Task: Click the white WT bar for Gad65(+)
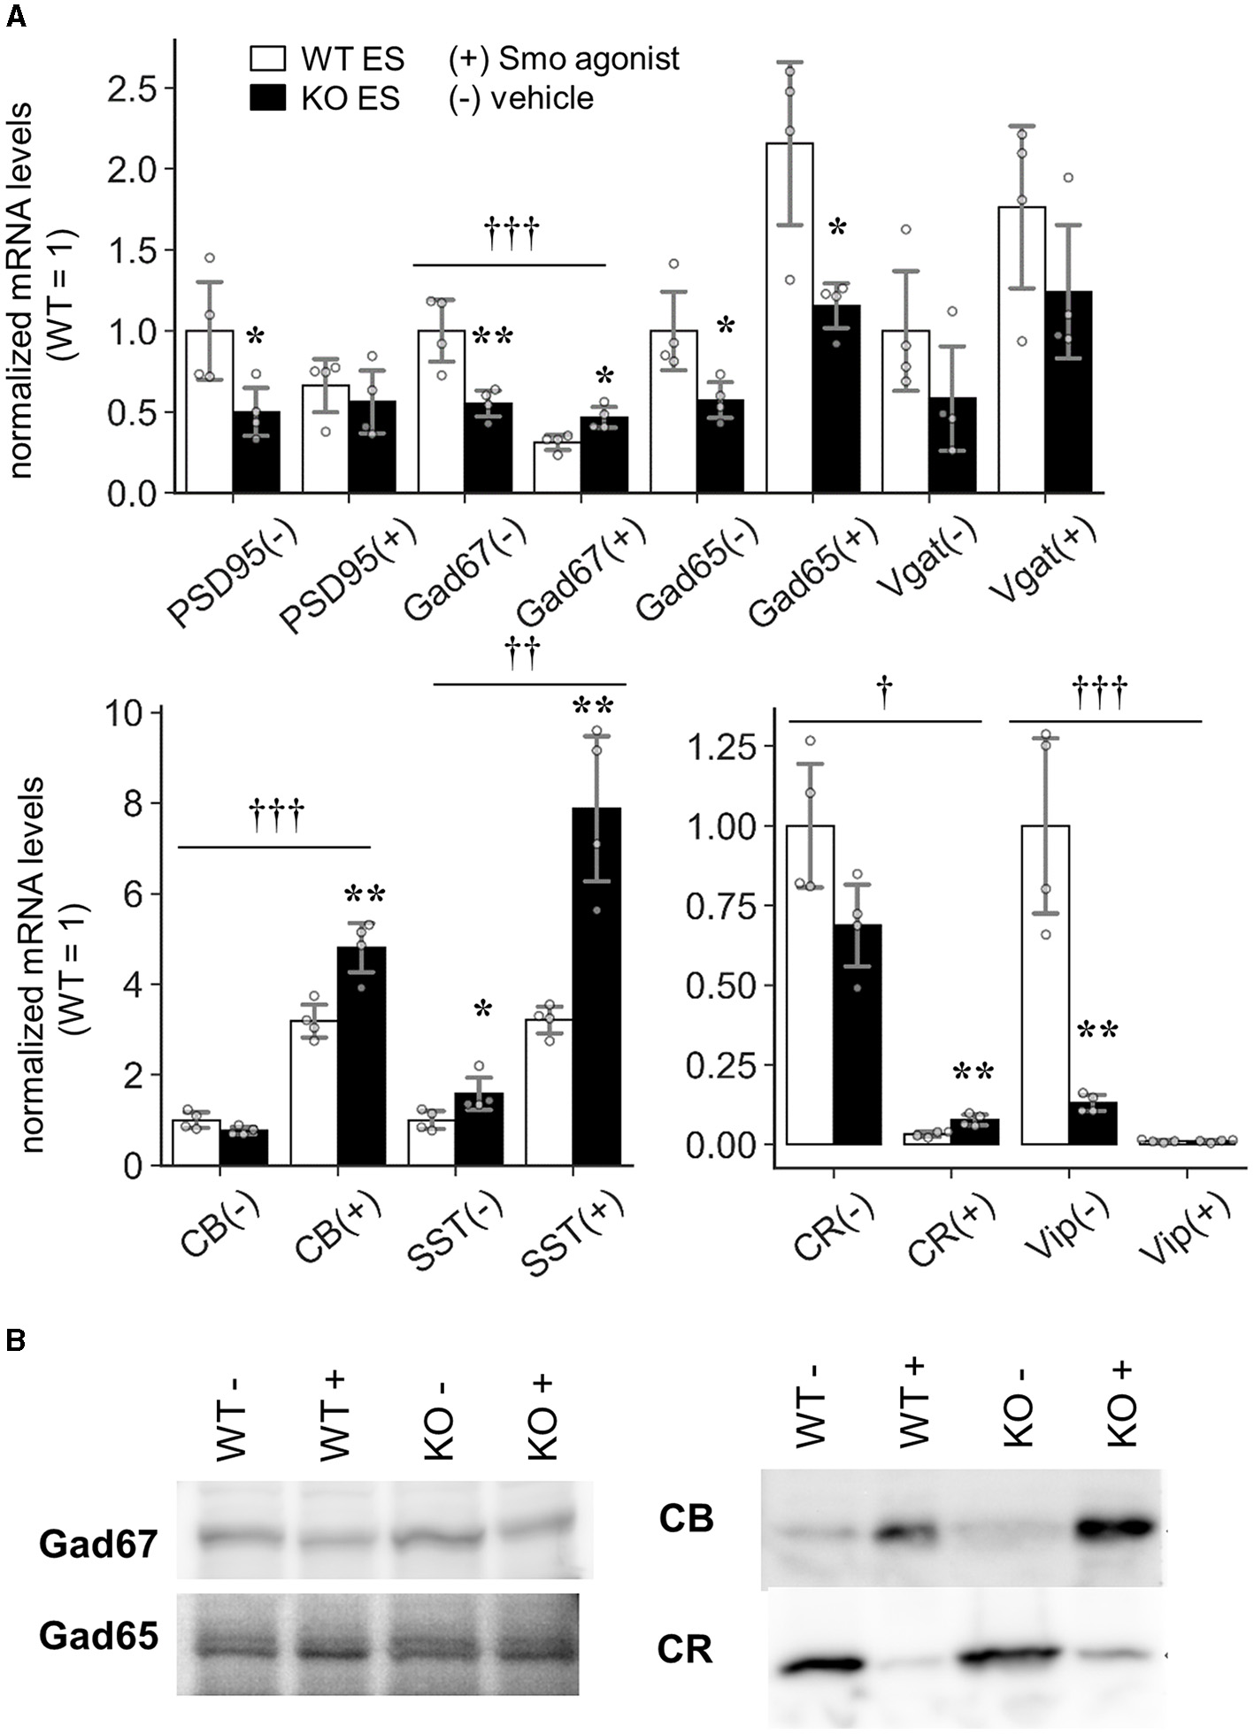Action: coord(789,318)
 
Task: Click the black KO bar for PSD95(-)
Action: coord(257,452)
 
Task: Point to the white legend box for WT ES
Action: coord(267,59)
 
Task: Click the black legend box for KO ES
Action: coord(267,98)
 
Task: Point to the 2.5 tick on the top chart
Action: coord(133,88)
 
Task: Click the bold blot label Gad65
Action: coord(98,1636)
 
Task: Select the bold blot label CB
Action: coord(686,1519)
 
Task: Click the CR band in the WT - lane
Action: coord(821,1665)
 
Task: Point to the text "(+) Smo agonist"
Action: coord(564,59)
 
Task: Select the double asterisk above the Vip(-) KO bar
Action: coord(1097,1031)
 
